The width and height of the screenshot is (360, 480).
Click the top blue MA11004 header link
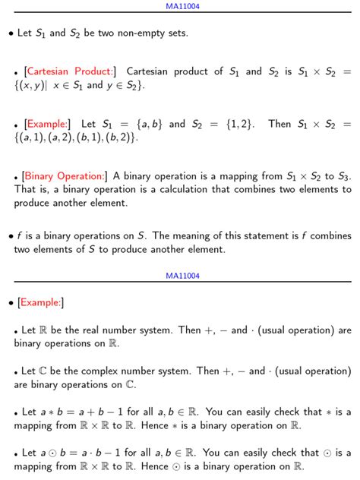[x=182, y=6]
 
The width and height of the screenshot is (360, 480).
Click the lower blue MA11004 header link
[x=182, y=276]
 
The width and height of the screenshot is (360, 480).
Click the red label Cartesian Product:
[x=70, y=71]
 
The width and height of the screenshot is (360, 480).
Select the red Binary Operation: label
[x=64, y=176]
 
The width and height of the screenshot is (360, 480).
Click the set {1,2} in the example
[x=239, y=124]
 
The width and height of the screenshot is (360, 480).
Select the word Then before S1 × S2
[x=279, y=124]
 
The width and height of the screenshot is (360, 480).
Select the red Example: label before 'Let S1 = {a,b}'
[x=47, y=124]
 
